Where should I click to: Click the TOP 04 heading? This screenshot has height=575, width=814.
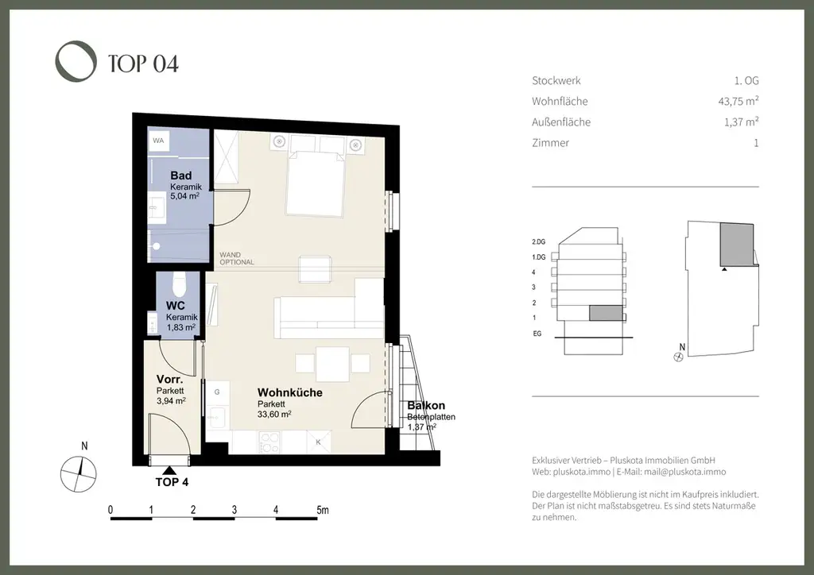click(143, 64)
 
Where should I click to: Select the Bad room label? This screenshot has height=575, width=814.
click(180, 176)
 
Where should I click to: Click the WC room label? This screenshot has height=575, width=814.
click(176, 306)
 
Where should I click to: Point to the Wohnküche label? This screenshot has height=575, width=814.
click(289, 392)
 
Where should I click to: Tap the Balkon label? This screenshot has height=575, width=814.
click(426, 406)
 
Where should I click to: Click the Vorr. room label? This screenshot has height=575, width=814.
click(170, 380)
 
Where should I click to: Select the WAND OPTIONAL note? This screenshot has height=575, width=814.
click(237, 258)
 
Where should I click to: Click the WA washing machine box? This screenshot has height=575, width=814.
click(158, 141)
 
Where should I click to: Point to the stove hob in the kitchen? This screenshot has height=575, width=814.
click(269, 442)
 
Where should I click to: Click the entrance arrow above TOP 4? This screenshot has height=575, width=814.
click(169, 470)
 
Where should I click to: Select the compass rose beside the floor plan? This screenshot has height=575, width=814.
click(79, 474)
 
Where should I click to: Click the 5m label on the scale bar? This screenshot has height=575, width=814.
click(323, 510)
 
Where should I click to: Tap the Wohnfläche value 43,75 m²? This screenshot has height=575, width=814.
click(738, 101)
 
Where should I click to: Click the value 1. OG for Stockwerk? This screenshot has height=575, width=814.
click(746, 80)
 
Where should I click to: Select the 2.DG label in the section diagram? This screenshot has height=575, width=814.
click(538, 241)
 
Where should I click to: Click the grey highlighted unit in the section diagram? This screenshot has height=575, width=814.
click(605, 313)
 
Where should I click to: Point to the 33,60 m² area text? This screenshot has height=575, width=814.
click(274, 415)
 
